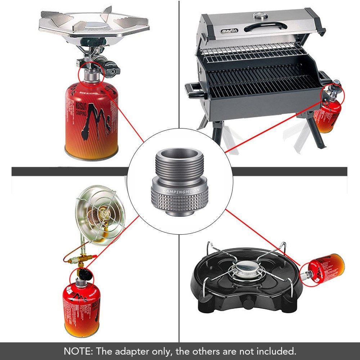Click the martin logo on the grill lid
pyautogui.click(x=229, y=31)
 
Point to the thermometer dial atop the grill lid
pyautogui.click(x=259, y=16)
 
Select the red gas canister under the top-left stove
pyautogui.click(x=91, y=119)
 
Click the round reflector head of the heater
pyautogui.click(x=100, y=215)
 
